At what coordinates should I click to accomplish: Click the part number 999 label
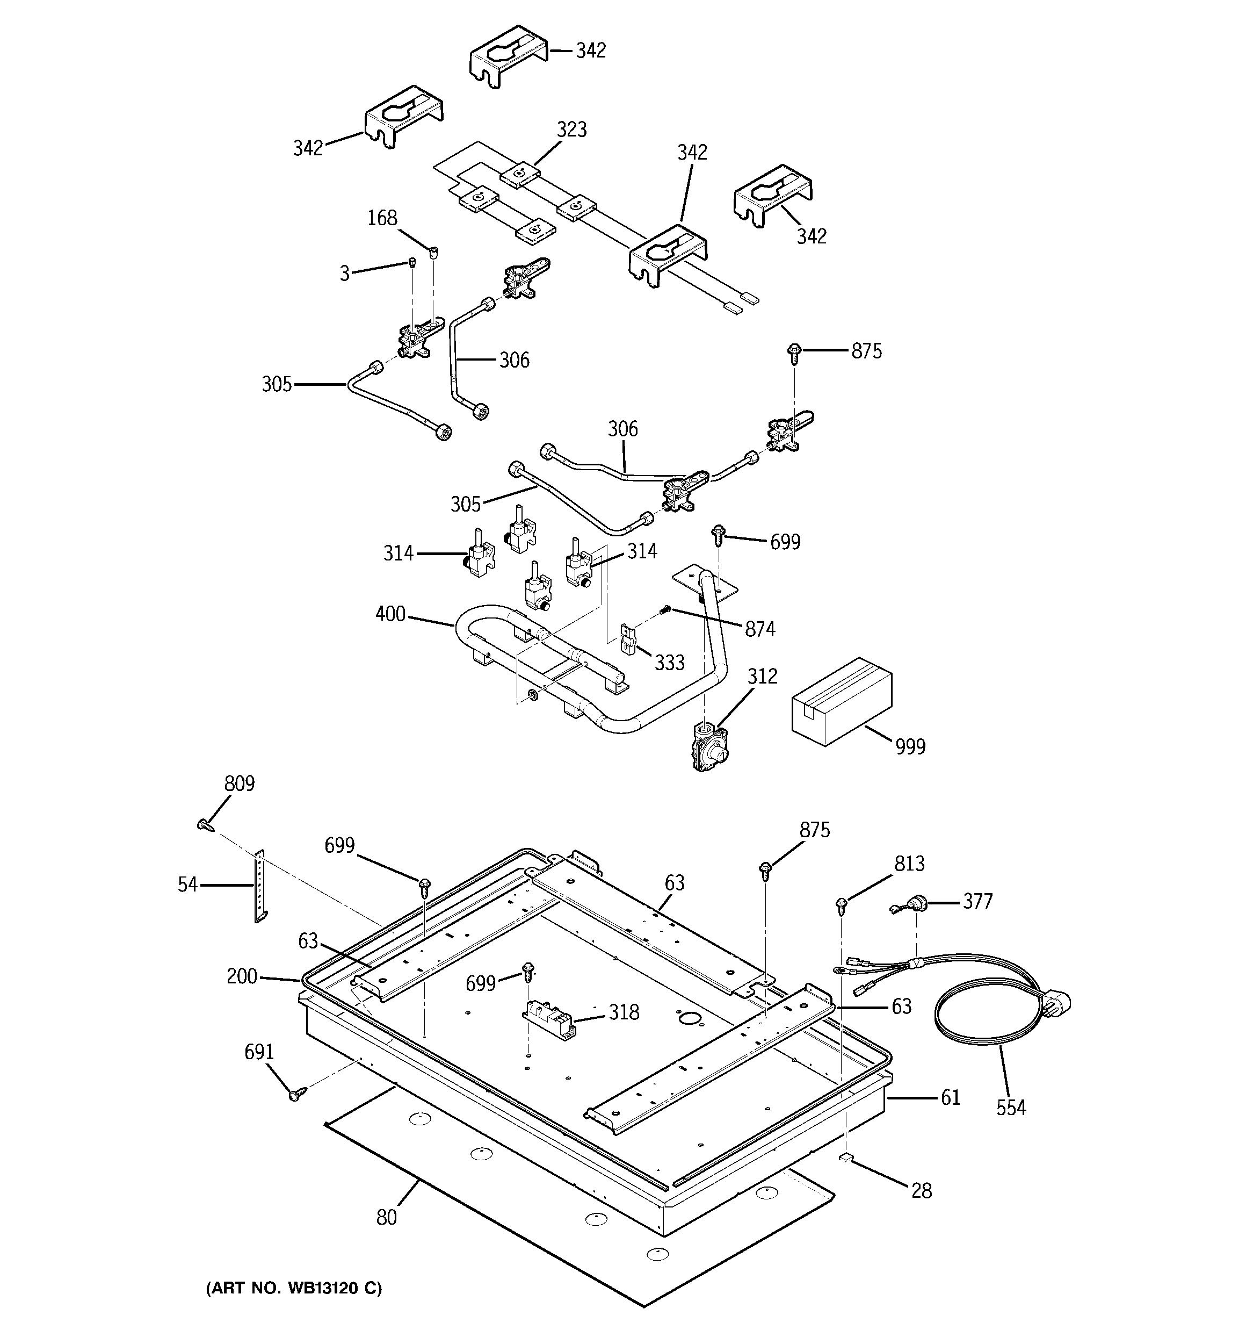(910, 746)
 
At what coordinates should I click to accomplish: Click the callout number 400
(390, 614)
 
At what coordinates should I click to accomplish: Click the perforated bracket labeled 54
(259, 887)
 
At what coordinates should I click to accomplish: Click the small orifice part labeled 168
(434, 252)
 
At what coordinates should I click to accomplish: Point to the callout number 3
(344, 274)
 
